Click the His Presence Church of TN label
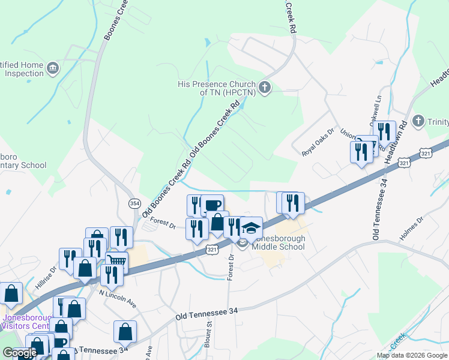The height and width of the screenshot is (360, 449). click(x=217, y=89)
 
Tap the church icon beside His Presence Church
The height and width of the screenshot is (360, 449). click(x=265, y=89)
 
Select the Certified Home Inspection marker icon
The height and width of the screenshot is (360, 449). click(x=52, y=67)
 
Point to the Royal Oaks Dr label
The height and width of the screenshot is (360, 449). click(x=318, y=143)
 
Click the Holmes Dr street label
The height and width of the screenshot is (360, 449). click(x=411, y=228)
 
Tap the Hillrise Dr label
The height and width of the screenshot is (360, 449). click(x=45, y=280)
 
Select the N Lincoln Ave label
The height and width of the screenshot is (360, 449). click(x=118, y=299)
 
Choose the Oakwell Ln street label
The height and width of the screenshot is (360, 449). click(x=376, y=108)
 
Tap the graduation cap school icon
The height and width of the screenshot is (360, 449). click(x=252, y=227)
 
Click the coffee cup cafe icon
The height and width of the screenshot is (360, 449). click(x=212, y=205)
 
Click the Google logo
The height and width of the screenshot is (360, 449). click(x=19, y=353)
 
